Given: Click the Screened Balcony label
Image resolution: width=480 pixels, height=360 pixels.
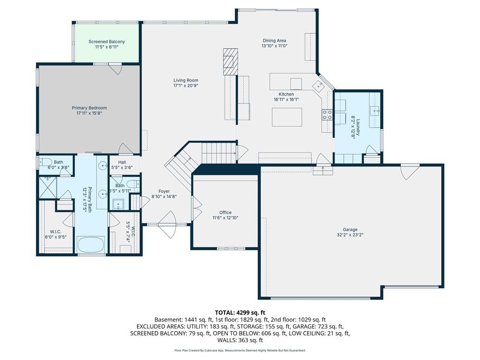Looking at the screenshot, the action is tap(106, 42).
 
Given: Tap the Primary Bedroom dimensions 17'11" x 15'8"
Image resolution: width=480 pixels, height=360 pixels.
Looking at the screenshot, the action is tap(89, 113).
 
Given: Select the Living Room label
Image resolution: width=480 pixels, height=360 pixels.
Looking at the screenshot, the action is tap(186, 80).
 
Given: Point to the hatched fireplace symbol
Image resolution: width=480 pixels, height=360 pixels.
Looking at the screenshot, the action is tap(231, 61).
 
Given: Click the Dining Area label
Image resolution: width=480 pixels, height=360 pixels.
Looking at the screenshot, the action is tap(274, 40).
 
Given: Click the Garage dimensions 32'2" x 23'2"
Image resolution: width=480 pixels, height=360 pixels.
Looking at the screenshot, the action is tap(350, 235).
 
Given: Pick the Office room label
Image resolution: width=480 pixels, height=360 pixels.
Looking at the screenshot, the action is tap(225, 212).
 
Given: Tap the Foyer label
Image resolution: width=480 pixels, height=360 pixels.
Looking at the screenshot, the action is tap(164, 191).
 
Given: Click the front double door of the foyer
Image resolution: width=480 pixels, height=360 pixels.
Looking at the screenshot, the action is tap(167, 225).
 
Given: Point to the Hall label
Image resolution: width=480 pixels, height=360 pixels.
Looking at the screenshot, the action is tap(122, 162).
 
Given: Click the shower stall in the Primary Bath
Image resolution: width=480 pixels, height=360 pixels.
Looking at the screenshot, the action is tap(48, 187).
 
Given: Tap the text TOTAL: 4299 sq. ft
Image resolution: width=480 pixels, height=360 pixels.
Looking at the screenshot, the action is tap(240, 313).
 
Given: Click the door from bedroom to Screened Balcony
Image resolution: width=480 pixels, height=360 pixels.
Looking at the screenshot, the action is tap(116, 68).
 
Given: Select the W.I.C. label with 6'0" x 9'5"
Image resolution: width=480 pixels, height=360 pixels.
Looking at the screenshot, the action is tap(55, 232).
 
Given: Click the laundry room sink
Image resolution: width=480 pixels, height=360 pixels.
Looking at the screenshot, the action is tap(375, 110).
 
